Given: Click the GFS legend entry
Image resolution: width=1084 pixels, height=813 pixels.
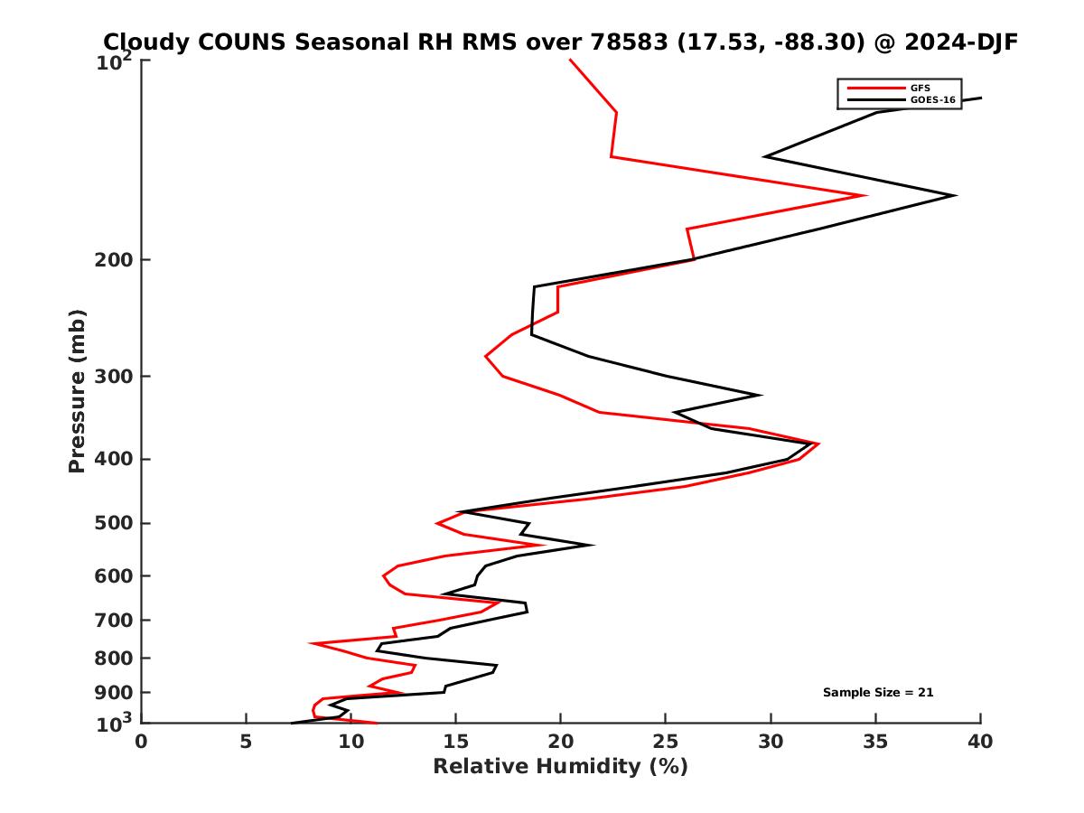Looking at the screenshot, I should pyautogui.click(x=920, y=88).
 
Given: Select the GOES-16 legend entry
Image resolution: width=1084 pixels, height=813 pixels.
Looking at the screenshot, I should pyautogui.click(x=930, y=99).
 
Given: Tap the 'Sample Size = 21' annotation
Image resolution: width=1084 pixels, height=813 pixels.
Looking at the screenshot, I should pyautogui.click(x=878, y=693).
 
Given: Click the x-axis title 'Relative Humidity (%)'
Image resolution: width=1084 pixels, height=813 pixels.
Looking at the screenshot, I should pyautogui.click(x=560, y=767).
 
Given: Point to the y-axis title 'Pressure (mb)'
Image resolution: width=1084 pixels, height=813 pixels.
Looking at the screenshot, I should pyautogui.click(x=77, y=391).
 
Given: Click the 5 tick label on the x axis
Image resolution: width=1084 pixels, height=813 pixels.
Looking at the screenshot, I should pyautogui.click(x=246, y=743).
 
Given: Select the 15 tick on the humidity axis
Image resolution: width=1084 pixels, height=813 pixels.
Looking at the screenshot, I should pyautogui.click(x=455, y=743).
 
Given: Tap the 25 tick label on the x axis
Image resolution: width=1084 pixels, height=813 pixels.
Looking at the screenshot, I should pyautogui.click(x=666, y=743).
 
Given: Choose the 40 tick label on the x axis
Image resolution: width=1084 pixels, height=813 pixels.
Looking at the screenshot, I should pyautogui.click(x=980, y=743).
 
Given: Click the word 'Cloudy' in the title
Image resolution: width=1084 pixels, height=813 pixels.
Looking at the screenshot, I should pyautogui.click(x=145, y=42).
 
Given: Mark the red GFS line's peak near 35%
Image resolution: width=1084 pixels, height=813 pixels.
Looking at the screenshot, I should pyautogui.click(x=866, y=195).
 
